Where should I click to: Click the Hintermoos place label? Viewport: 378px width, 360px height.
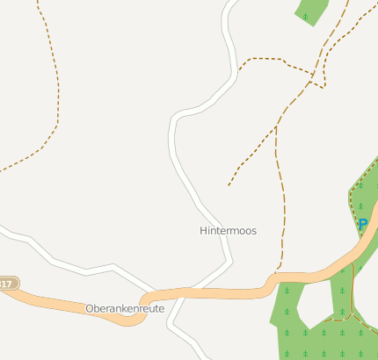[228, 231]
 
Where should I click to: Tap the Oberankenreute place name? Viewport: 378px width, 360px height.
[125, 309]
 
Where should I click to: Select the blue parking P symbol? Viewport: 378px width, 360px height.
[362, 225]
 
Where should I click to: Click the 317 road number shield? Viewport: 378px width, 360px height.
[7, 284]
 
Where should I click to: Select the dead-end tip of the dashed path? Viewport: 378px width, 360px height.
[229, 185]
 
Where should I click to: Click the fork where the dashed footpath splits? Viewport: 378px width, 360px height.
[276, 127]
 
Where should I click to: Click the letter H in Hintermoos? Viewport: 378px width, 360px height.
[203, 231]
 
